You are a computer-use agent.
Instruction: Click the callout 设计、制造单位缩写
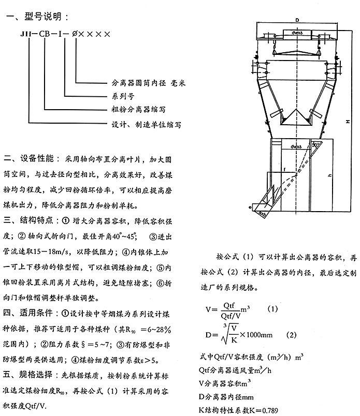(x=147, y=124)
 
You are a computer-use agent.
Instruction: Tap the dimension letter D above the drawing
(x=297, y=19)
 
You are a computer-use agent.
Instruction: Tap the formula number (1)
(x=272, y=308)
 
